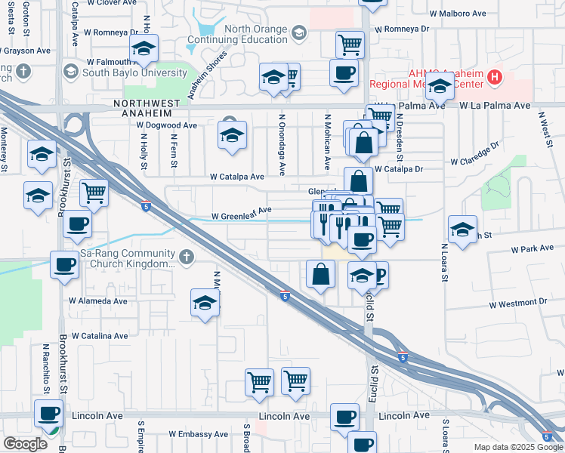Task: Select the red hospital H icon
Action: click(x=495, y=76)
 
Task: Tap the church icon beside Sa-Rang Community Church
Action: click(x=187, y=258)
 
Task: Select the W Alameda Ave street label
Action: click(x=98, y=300)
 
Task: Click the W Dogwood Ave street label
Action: click(x=167, y=125)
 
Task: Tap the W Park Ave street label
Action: click(x=533, y=248)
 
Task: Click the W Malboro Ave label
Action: click(x=458, y=14)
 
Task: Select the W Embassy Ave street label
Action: click(x=198, y=434)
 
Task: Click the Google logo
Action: click(x=25, y=444)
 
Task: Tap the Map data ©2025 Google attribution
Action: click(x=517, y=447)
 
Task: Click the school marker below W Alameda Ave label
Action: click(x=205, y=304)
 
